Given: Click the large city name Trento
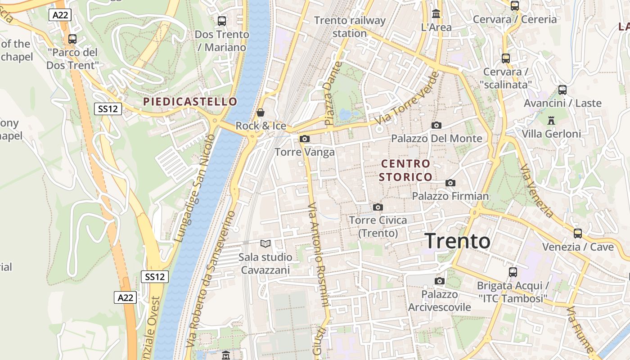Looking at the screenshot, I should (457, 241).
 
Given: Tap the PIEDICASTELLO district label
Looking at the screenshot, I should (190, 102).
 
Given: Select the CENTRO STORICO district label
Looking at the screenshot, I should (405, 170).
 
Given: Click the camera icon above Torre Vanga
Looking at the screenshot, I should (305, 139).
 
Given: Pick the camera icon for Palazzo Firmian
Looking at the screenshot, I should (450, 183).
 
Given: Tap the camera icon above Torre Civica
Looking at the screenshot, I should (378, 207).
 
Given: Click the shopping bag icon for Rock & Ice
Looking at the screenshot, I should (260, 112).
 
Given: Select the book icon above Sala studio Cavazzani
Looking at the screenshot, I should (265, 244).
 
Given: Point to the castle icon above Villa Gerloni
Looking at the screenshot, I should (551, 120).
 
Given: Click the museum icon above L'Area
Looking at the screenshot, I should (436, 13).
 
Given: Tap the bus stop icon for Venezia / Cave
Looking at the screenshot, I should (578, 234).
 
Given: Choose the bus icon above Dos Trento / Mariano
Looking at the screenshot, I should (221, 21).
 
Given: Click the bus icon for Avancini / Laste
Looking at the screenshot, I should (562, 90).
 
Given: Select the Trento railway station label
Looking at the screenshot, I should (350, 27).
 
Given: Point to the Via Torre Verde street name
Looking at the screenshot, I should (406, 99).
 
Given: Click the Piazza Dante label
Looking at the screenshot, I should (331, 94).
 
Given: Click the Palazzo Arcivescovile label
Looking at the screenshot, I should (439, 301).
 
